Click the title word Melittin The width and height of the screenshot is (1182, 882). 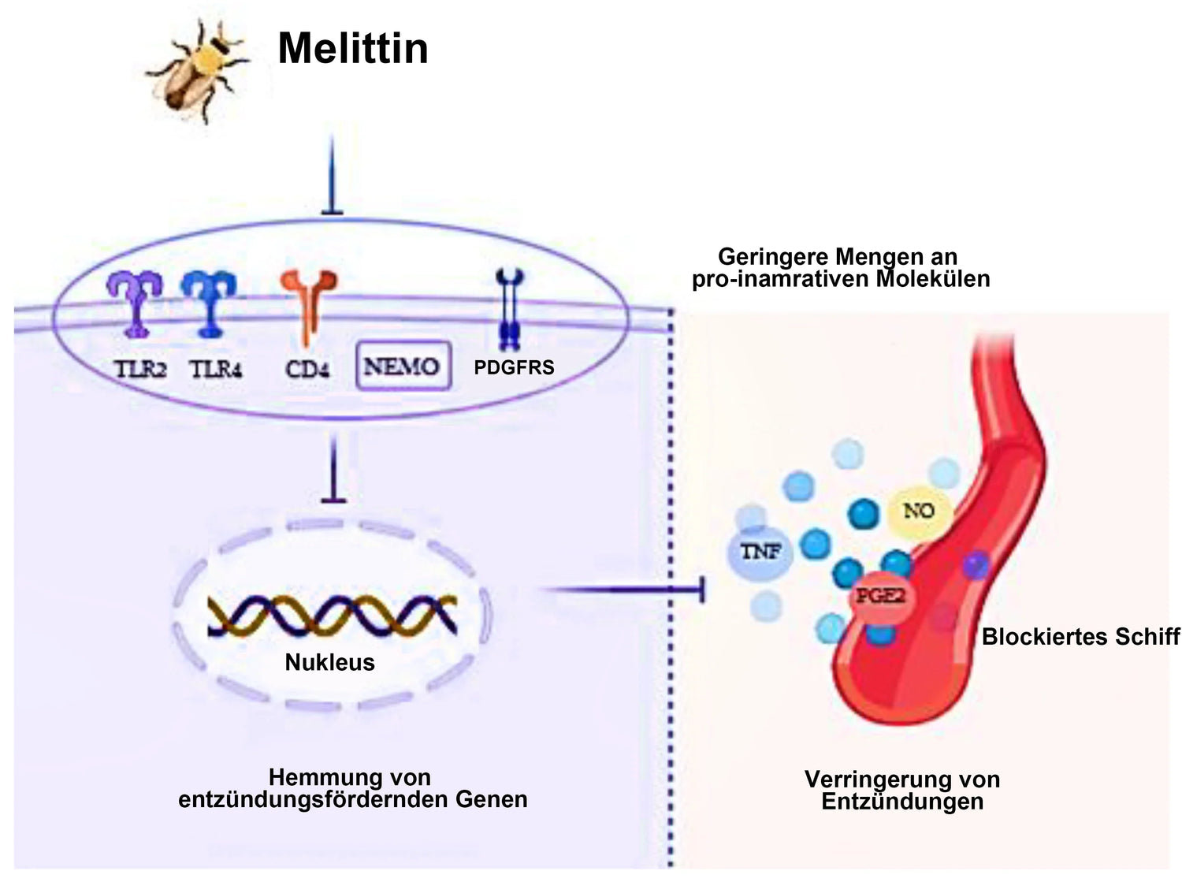(353, 48)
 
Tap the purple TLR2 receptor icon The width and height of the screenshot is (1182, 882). (135, 304)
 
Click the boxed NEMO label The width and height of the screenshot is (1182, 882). (403, 367)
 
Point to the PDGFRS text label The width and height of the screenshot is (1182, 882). (514, 368)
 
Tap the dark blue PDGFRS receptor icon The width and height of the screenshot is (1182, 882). (509, 310)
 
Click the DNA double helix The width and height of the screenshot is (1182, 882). (333, 616)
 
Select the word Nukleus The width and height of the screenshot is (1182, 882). (329, 663)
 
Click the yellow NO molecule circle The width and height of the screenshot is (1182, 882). (919, 511)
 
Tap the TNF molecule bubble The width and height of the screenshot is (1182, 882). (760, 552)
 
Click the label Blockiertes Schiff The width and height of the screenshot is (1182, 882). (1081, 637)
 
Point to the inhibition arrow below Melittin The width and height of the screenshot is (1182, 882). (332, 175)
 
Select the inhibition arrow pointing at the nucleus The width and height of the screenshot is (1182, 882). (333, 468)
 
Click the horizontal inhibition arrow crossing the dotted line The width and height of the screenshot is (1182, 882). (622, 590)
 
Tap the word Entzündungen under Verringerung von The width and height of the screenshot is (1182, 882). (902, 802)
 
